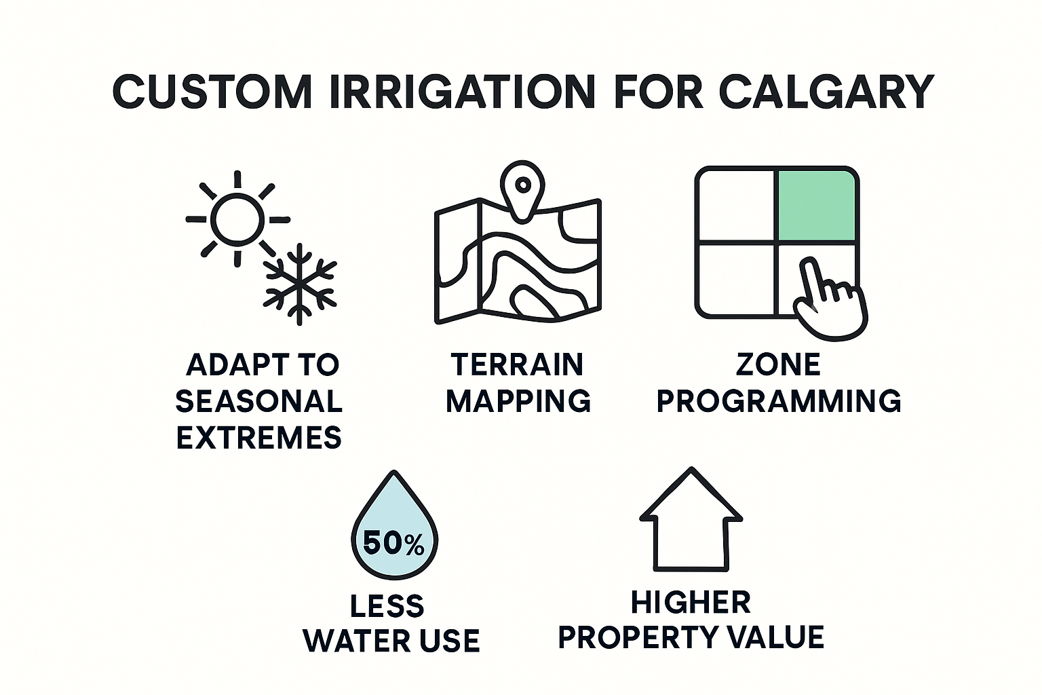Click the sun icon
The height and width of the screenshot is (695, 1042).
236,219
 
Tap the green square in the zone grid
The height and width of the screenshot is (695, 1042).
816,206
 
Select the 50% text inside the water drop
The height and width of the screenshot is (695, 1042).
393,544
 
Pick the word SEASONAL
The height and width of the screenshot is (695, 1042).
258,401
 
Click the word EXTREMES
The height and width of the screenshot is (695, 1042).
258,438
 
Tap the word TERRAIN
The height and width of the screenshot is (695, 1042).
517,364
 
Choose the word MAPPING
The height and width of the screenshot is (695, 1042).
518,400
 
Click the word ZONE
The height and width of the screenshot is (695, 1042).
778,364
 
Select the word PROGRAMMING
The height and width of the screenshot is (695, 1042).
778,400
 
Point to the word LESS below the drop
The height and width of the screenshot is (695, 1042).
387,605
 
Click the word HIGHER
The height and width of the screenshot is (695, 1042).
691,602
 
